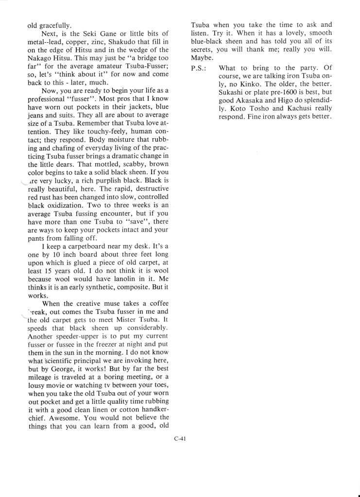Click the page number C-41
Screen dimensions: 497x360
click(180, 440)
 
